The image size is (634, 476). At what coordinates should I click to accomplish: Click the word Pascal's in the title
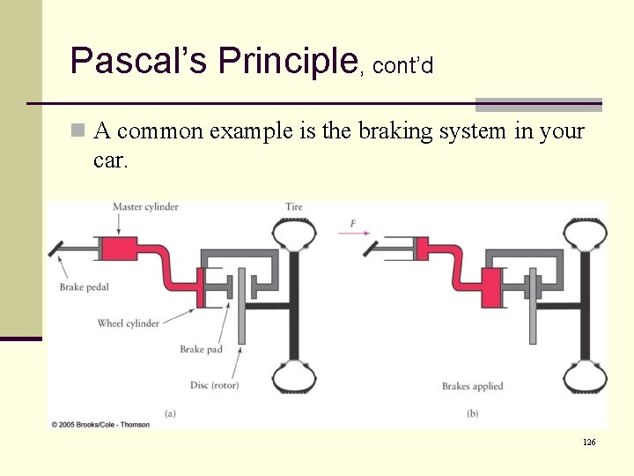(x=138, y=61)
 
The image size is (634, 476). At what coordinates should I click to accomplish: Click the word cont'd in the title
(x=402, y=66)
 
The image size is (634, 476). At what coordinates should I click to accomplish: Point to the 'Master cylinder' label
(x=145, y=207)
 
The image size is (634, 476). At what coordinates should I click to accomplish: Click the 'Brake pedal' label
(x=85, y=286)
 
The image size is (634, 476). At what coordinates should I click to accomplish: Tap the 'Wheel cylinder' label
(x=129, y=324)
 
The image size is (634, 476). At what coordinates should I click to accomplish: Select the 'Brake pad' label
(x=201, y=350)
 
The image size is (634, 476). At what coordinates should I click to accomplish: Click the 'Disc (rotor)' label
(x=214, y=385)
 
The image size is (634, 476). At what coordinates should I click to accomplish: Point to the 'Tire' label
(x=294, y=207)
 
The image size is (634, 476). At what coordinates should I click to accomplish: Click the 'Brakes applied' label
(x=473, y=386)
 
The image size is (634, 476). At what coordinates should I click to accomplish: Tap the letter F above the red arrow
(x=353, y=224)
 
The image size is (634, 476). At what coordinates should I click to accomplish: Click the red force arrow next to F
(x=354, y=234)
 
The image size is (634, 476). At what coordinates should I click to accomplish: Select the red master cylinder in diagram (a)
(x=123, y=248)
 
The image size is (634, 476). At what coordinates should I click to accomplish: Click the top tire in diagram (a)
(x=294, y=233)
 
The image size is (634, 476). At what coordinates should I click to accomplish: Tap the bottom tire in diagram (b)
(x=584, y=377)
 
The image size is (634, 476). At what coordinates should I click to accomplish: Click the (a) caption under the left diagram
(x=170, y=412)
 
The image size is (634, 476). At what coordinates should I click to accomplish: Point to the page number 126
(x=589, y=442)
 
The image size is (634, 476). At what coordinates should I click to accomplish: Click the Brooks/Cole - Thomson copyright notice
(x=100, y=425)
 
